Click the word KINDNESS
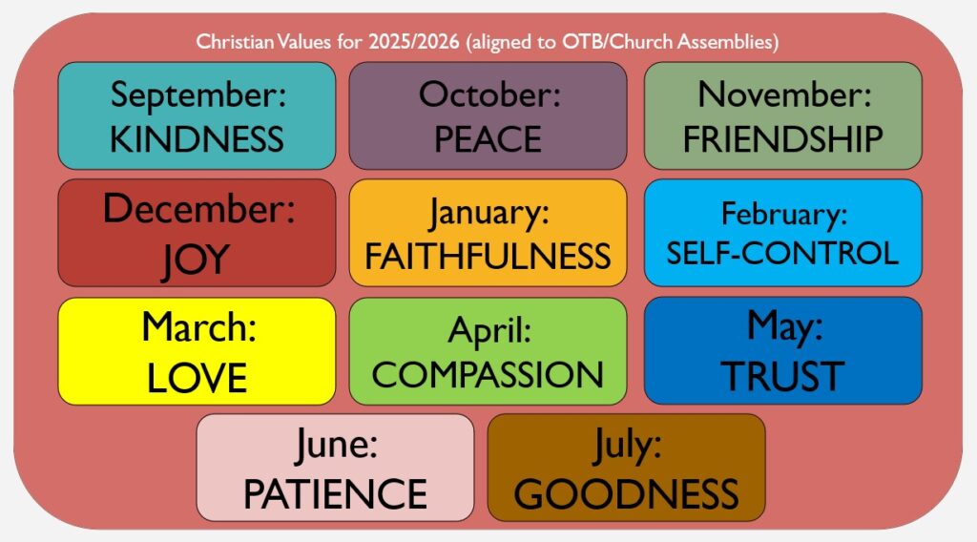(197, 139)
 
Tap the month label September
(198, 95)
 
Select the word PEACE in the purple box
(488, 139)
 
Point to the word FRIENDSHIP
(783, 139)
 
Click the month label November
(784, 94)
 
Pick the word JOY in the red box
(196, 261)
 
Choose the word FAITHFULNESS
(488, 257)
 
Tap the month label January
(488, 213)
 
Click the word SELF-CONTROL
(782, 253)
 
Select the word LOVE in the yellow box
(197, 378)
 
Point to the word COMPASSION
(488, 374)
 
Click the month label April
(489, 331)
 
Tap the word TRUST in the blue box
(782, 376)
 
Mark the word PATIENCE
(335, 494)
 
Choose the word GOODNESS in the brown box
(626, 494)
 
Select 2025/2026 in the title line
(414, 42)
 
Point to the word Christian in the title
(235, 42)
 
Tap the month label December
(198, 209)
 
